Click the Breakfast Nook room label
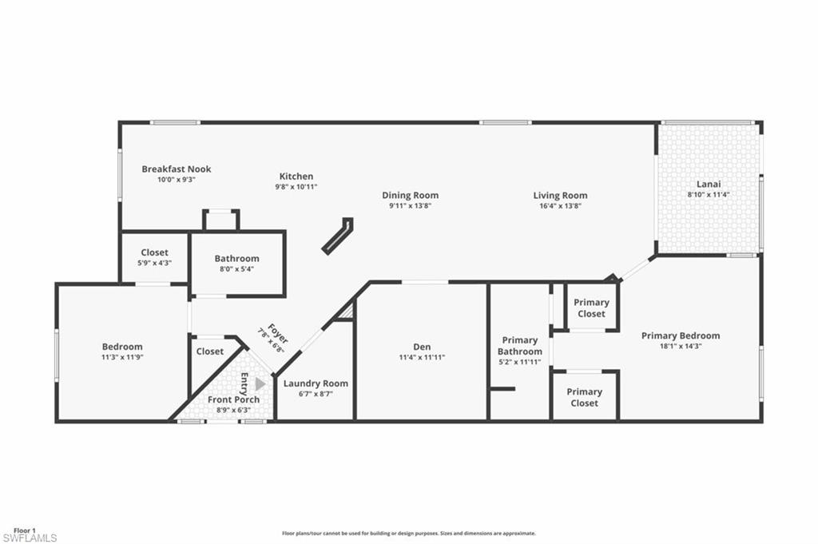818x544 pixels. pyautogui.click(x=176, y=169)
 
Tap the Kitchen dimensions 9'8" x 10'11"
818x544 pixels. pyautogui.click(x=296, y=187)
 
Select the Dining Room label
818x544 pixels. pyautogui.click(x=410, y=195)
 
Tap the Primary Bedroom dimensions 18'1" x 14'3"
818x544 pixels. pyautogui.click(x=681, y=347)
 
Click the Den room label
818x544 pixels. pyautogui.click(x=422, y=347)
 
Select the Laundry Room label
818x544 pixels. pyautogui.click(x=316, y=383)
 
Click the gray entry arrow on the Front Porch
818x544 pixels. pyautogui.click(x=260, y=383)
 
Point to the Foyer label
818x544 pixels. pyautogui.click(x=277, y=333)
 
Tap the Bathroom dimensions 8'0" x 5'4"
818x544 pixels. pyautogui.click(x=236, y=269)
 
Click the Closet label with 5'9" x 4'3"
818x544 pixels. pyautogui.click(x=154, y=252)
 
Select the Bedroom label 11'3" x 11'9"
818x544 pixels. pyautogui.click(x=122, y=347)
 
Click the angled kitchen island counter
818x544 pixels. pyautogui.click(x=337, y=236)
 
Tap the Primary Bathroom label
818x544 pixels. pyautogui.click(x=519, y=346)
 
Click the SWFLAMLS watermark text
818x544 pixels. pyautogui.click(x=30, y=538)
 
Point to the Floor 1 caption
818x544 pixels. pyautogui.click(x=25, y=530)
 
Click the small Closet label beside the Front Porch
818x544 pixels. pyautogui.click(x=210, y=351)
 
